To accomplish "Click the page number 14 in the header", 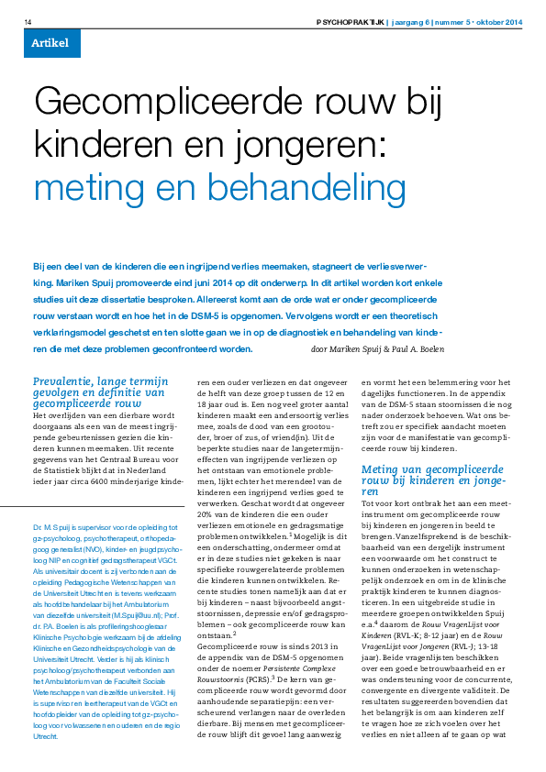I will [28, 21].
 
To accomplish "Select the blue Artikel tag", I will [51, 43].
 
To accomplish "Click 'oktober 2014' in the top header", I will [502, 21].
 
